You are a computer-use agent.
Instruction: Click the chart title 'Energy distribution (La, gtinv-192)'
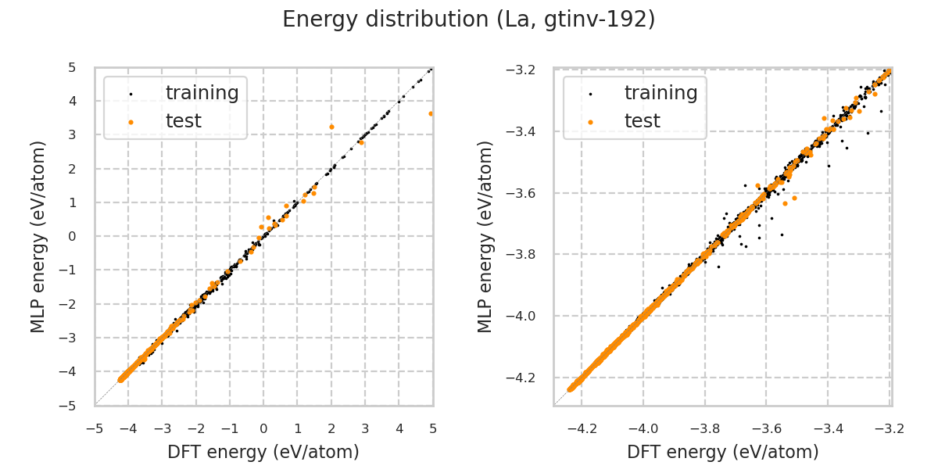[468, 20]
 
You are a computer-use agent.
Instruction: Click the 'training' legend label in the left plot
[202, 93]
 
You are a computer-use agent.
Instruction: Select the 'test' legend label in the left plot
[183, 121]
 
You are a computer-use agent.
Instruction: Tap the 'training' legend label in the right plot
[661, 93]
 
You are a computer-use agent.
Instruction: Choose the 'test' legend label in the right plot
[642, 121]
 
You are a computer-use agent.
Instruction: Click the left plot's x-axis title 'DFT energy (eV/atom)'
[263, 452]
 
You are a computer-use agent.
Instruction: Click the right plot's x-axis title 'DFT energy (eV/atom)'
[722, 452]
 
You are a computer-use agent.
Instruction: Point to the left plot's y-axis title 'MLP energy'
[39, 236]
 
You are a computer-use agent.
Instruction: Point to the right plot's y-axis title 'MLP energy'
[486, 236]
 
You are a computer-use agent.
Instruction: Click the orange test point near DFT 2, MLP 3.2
[331, 127]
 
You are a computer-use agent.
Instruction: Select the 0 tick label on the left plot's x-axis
[263, 429]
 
